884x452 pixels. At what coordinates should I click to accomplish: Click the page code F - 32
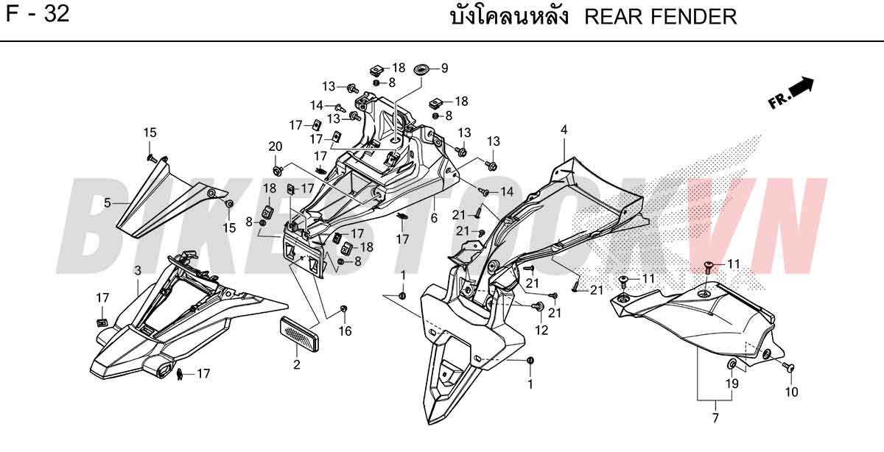[38, 14]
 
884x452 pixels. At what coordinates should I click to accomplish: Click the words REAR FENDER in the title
[660, 17]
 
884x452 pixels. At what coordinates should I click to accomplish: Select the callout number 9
[444, 68]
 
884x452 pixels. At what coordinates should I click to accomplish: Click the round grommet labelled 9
[421, 70]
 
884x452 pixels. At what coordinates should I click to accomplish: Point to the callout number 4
[564, 130]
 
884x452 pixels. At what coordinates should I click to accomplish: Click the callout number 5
[108, 202]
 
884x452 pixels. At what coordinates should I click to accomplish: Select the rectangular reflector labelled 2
[299, 329]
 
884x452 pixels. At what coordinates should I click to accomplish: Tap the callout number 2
[297, 364]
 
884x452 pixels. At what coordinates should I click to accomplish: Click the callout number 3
[138, 270]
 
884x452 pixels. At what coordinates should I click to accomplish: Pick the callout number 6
[434, 218]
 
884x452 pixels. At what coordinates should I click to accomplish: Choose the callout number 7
[715, 418]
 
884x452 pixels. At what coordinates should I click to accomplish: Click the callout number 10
[792, 392]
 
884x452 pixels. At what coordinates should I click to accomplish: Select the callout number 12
[541, 330]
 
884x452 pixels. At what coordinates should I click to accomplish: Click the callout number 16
[345, 331]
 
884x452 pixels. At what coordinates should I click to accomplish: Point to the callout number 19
[732, 384]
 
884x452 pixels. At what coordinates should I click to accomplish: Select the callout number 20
[275, 146]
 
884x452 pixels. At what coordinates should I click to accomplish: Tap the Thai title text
[510, 16]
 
